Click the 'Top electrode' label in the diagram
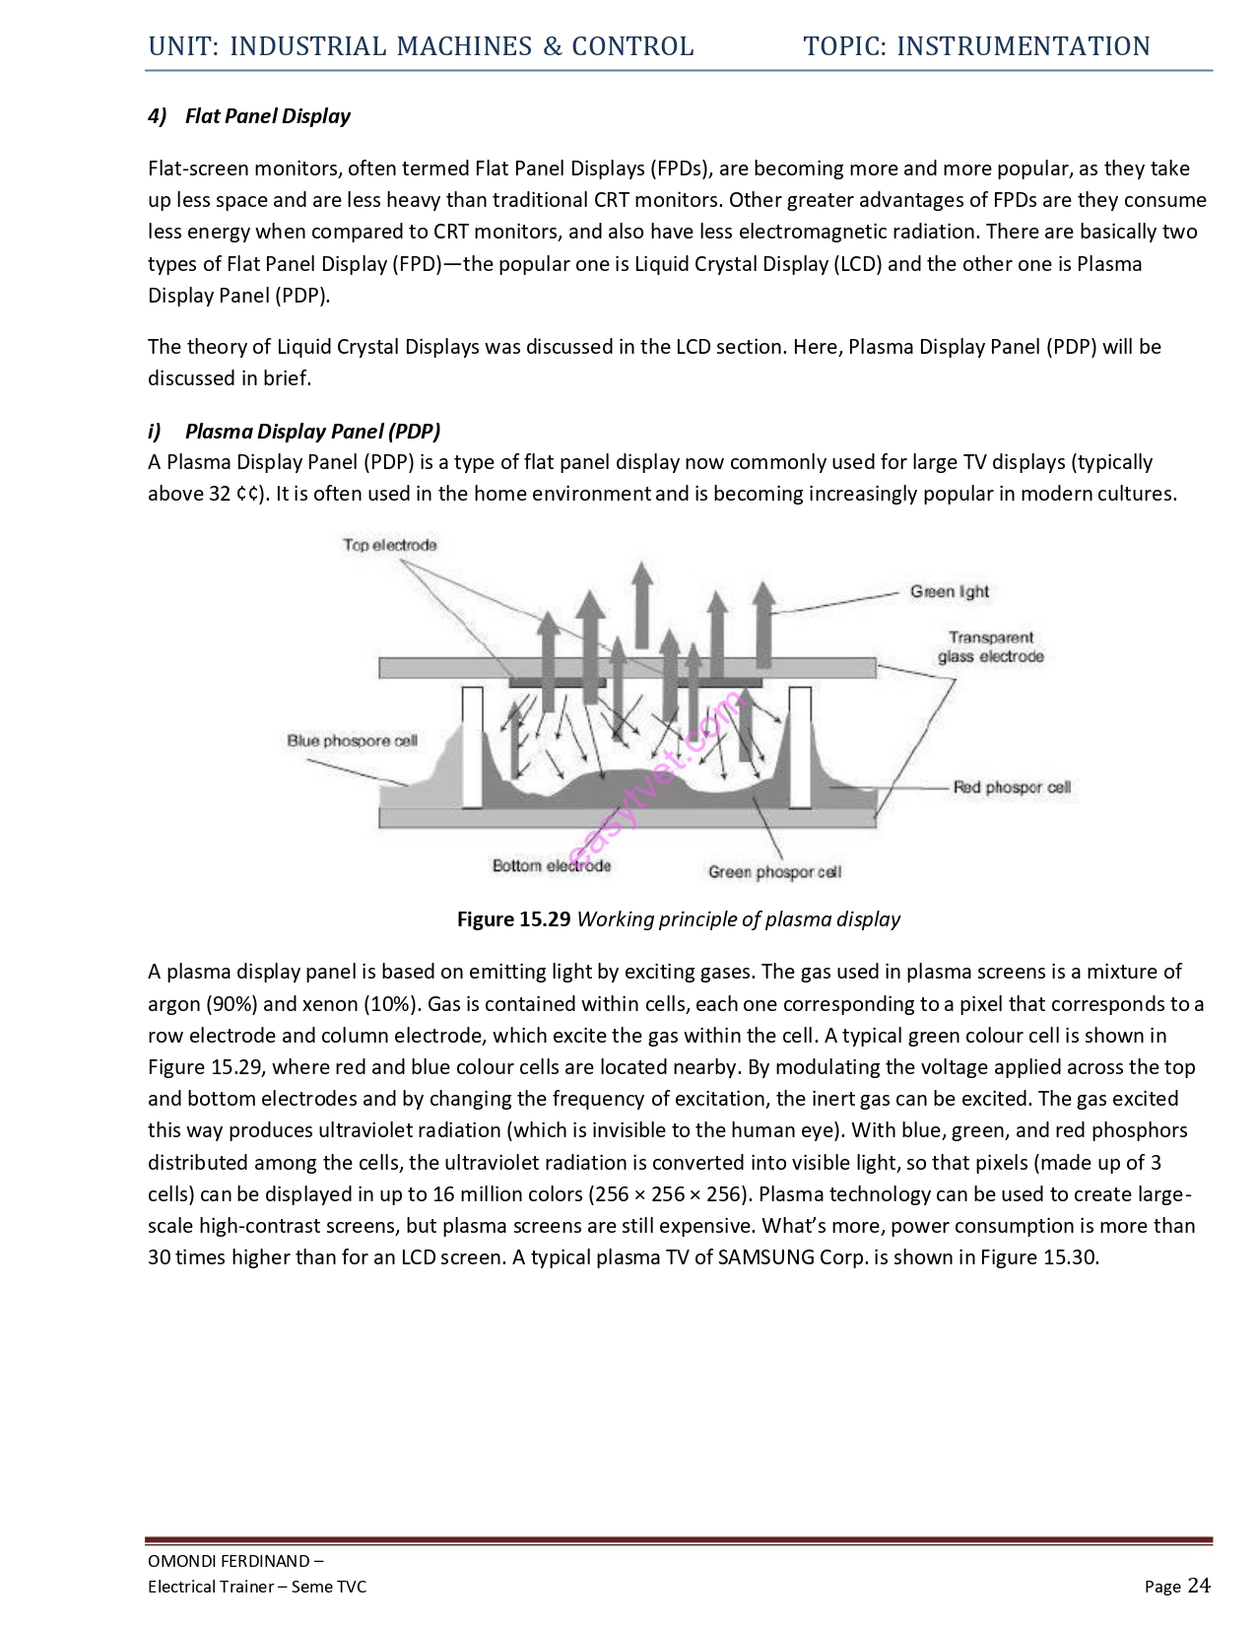(390, 545)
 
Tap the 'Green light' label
(949, 591)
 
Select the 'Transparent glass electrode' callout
(990, 647)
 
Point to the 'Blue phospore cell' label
(352, 741)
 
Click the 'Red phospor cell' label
(1011, 787)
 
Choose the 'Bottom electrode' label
(551, 866)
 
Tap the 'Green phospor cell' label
(774, 872)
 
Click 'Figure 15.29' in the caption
(513, 919)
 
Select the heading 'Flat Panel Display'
(267, 116)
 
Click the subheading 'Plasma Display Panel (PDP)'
(312, 431)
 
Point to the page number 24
(1199, 1585)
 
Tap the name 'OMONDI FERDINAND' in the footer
(229, 1561)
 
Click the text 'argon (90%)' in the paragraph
(202, 1004)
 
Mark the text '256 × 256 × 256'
(669, 1194)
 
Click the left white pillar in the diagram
(472, 747)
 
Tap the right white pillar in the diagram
(799, 747)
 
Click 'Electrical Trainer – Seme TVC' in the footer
(256, 1587)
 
